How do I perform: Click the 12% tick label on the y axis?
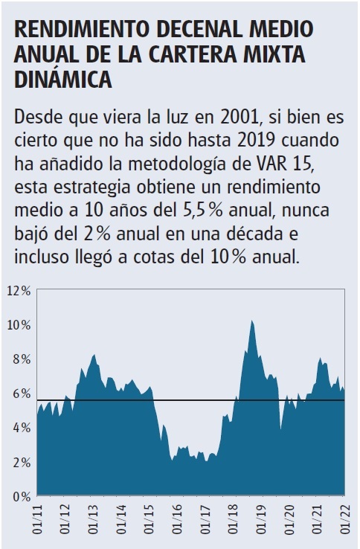pyautogui.click(x=18, y=291)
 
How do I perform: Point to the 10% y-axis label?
pyautogui.click(x=18, y=325)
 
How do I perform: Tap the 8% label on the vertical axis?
pyautogui.click(x=20, y=359)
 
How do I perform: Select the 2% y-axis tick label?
pyautogui.click(x=20, y=462)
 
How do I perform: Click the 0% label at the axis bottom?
pyautogui.click(x=20, y=495)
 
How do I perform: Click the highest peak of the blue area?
pyautogui.click(x=252, y=321)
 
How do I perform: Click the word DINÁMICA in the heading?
pyautogui.click(x=63, y=78)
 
